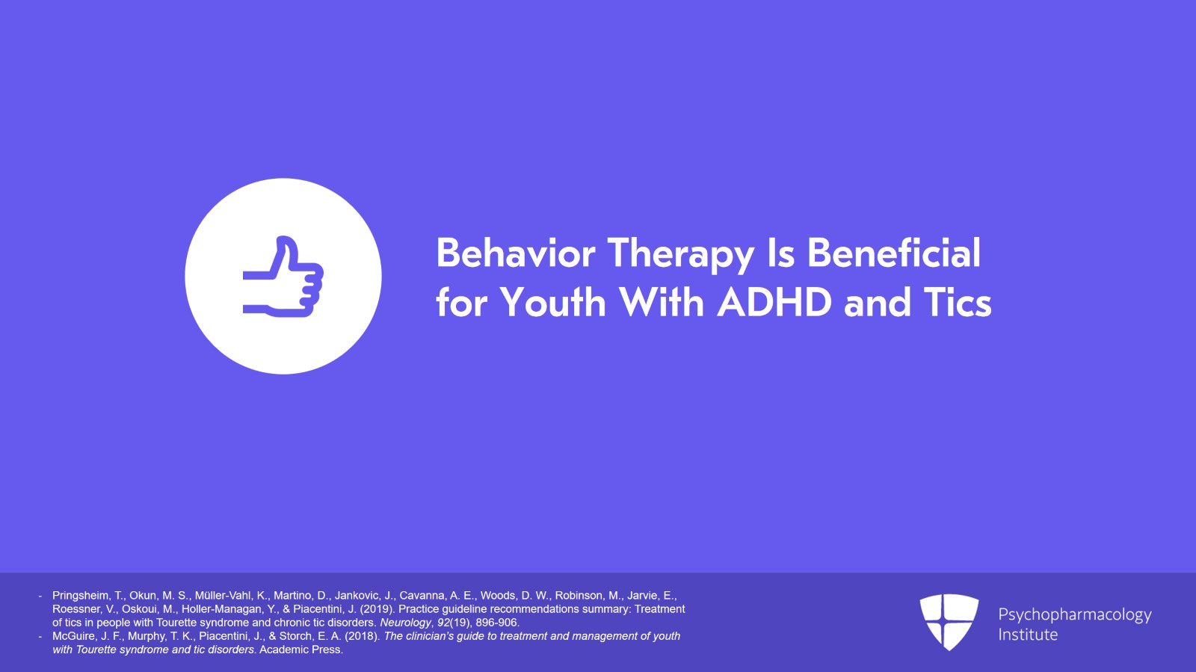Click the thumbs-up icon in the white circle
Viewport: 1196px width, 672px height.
click(283, 277)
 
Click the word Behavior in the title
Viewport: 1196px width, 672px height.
click(516, 253)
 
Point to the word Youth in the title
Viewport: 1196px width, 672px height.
click(552, 302)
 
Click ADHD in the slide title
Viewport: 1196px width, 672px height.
click(774, 302)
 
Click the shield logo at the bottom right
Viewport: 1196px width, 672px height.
click(949, 622)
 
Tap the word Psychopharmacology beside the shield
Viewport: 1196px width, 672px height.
click(1075, 615)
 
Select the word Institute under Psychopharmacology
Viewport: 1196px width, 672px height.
click(1028, 635)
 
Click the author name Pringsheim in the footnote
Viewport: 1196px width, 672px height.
click(81, 596)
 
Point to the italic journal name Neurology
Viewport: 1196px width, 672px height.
click(405, 623)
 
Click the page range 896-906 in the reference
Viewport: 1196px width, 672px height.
click(497, 623)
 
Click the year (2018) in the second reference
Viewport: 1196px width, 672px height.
click(362, 636)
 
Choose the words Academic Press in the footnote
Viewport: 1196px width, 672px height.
click(300, 650)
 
